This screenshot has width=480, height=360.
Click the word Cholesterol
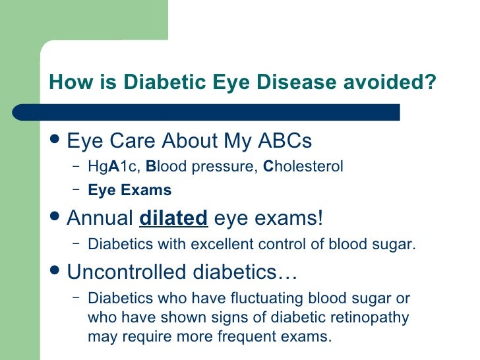[303, 167]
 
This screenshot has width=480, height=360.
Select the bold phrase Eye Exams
[129, 191]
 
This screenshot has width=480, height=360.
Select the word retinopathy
[369, 317]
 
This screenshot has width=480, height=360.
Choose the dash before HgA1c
[76, 166]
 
